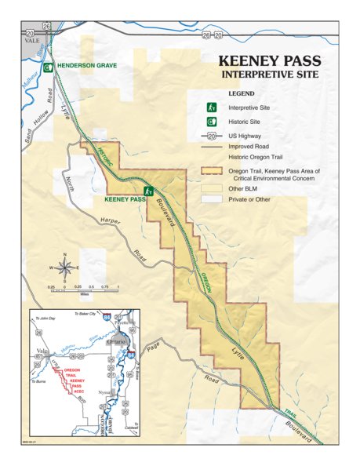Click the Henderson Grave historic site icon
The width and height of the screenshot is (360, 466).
(48, 67)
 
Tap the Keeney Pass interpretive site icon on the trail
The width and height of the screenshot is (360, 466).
(148, 191)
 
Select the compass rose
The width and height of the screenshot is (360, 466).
(66, 268)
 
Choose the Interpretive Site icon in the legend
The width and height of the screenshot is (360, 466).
(211, 107)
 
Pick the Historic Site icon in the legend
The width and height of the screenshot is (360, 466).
(211, 121)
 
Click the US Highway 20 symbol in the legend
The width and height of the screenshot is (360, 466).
(212, 135)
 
